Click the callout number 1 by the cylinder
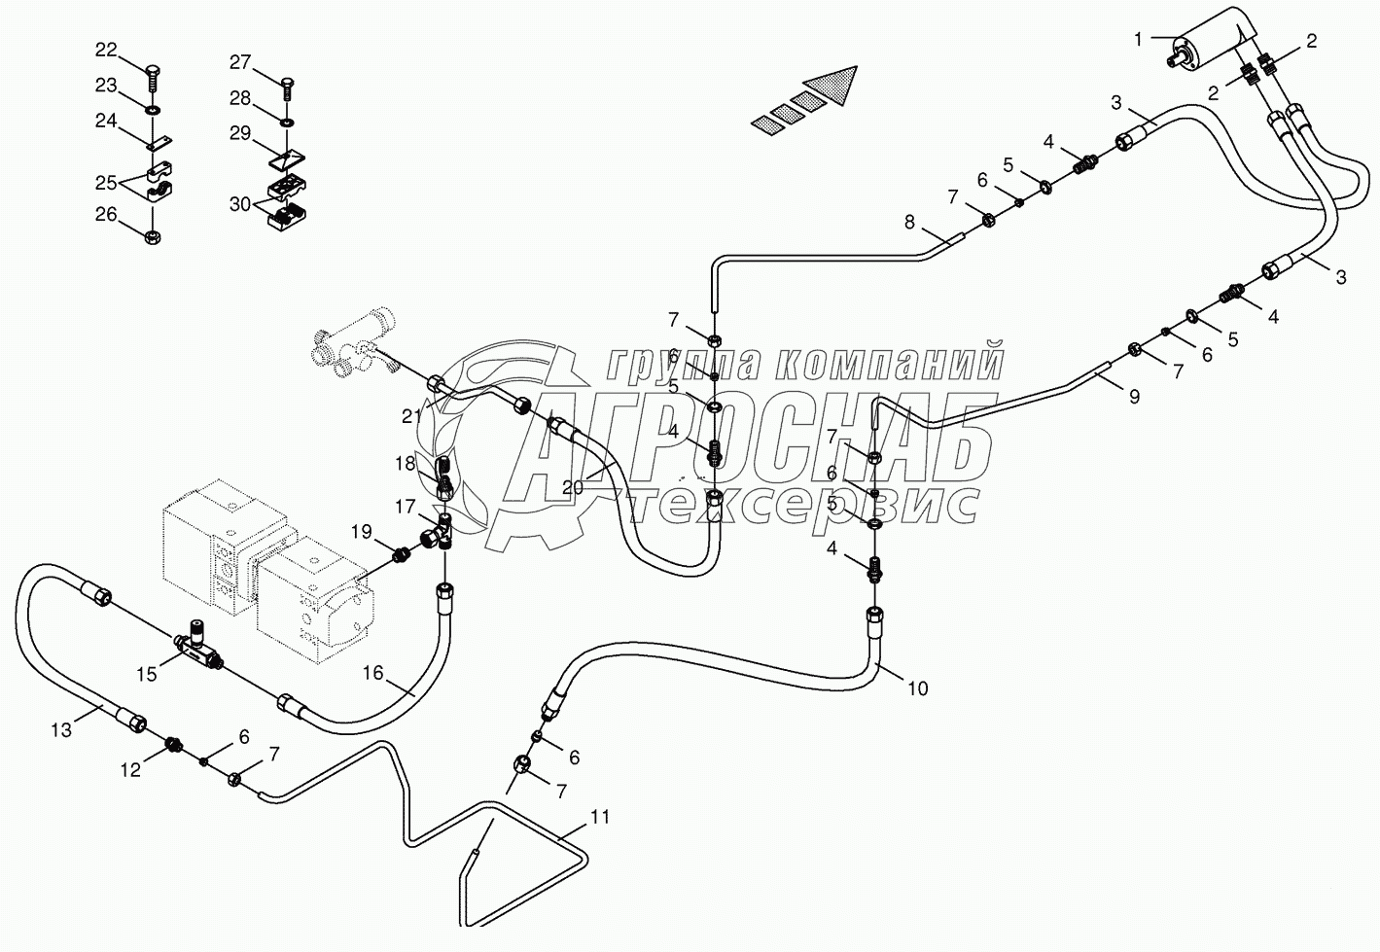pos(1138,40)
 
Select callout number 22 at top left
pos(107,50)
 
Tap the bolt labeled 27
pos(288,88)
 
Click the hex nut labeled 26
pos(153,236)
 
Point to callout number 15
pos(147,674)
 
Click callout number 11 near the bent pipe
pos(599,817)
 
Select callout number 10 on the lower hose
pos(918,688)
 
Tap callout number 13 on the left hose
pos(61,730)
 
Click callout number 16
pos(373,673)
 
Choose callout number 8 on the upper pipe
pos(909,222)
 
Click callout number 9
pos(1134,397)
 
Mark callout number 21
pos(412,417)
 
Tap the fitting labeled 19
pos(401,556)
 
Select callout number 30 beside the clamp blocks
pos(240,203)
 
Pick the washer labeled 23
pos(152,111)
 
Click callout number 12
pos(130,769)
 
